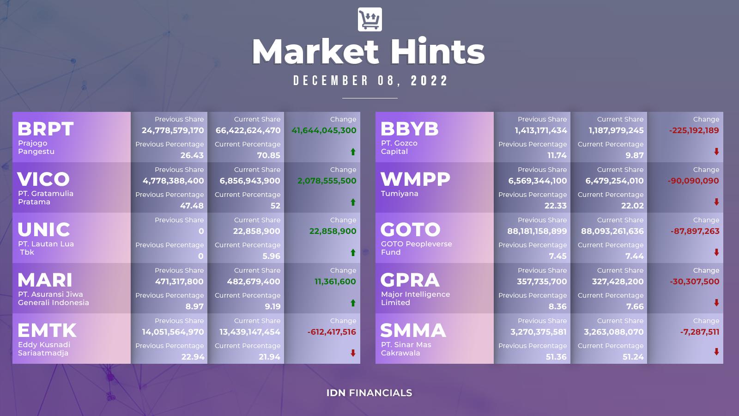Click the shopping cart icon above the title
370,19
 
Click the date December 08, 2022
370,80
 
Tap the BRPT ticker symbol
46,129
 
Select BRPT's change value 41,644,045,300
324,130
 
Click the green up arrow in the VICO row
353,202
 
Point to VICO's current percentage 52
275,206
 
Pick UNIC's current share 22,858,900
256,231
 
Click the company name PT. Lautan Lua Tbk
46,248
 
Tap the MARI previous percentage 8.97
194,306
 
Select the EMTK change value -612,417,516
332,332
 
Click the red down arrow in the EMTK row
353,353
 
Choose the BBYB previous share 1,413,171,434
541,130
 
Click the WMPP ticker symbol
415,179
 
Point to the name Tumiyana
400,194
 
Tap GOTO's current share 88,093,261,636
612,231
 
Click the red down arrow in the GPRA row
716,302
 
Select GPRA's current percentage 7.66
635,306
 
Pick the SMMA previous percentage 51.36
556,357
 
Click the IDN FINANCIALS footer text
369,393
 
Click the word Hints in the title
437,52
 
